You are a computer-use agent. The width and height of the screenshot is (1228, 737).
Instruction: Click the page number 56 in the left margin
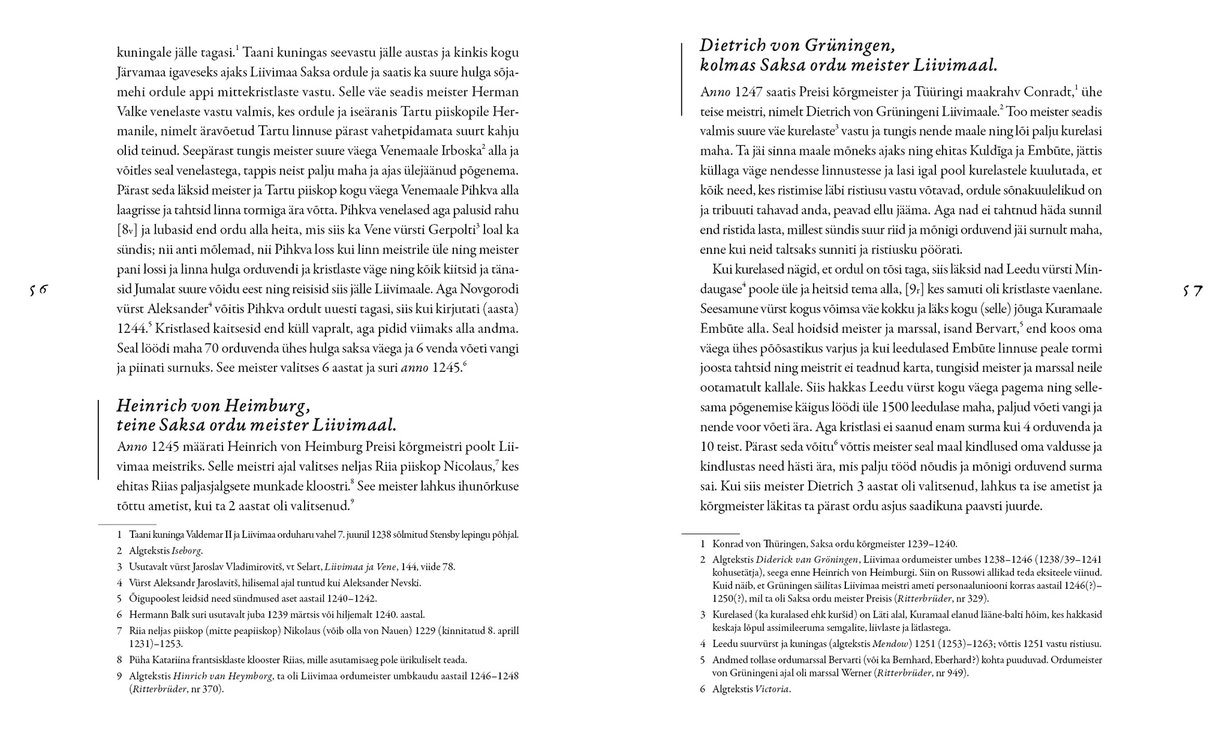38,290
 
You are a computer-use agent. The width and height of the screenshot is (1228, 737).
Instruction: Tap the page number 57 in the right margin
1193,291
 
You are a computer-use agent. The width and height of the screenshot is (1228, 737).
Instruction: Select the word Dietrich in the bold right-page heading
733,46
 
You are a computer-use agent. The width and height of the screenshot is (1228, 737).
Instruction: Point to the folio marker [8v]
128,230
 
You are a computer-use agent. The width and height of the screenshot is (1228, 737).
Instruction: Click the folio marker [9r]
914,289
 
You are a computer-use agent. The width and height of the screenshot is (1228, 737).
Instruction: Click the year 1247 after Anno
748,92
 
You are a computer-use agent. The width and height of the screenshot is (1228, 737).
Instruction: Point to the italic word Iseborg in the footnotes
186,551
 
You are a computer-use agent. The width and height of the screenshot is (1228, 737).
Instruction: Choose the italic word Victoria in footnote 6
772,689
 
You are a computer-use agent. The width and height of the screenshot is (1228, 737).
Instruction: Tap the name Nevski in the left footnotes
405,583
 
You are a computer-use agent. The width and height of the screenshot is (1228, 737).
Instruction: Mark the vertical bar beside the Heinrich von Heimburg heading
98,440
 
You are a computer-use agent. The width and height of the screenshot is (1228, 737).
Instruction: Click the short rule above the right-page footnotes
711,533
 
